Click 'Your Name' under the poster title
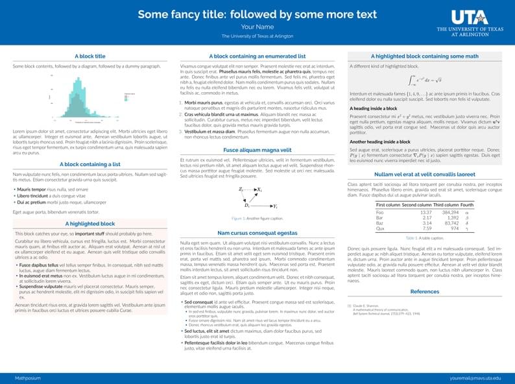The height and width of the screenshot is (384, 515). pyautogui.click(x=257, y=27)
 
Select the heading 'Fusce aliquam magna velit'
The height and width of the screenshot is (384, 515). pyautogui.click(x=257, y=149)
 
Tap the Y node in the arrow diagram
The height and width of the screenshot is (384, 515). pyautogui.click(x=275, y=206)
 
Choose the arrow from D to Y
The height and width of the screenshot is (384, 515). pyautogui.click(x=262, y=205)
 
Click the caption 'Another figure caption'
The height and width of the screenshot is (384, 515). pyautogui.click(x=257, y=218)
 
